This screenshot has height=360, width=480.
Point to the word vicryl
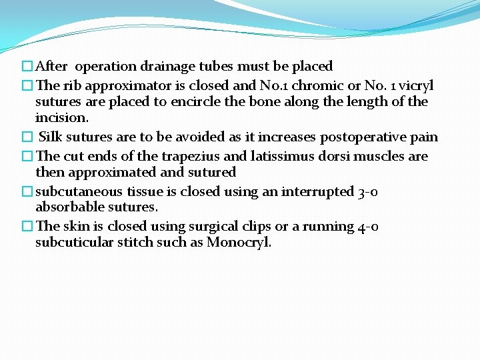coord(415,85)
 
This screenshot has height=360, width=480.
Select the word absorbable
coord(71,207)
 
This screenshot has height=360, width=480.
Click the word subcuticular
coord(73,242)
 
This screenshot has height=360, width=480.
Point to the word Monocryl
coord(238,242)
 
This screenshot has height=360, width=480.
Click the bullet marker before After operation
coord(27,67)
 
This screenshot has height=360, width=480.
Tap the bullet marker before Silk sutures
coord(27,137)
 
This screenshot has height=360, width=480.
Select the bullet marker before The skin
coord(27,227)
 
